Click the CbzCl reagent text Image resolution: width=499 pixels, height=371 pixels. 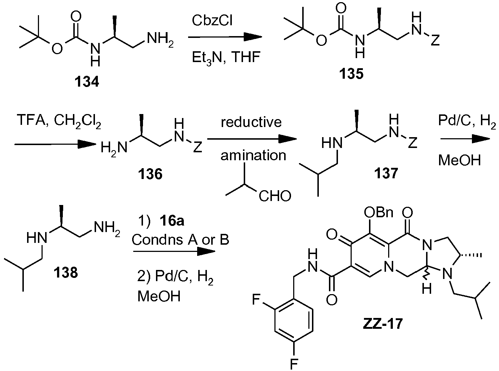212,21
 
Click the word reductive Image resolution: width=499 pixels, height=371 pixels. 251,122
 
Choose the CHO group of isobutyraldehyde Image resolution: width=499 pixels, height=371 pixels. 275,196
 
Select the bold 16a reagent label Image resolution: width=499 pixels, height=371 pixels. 172,221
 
